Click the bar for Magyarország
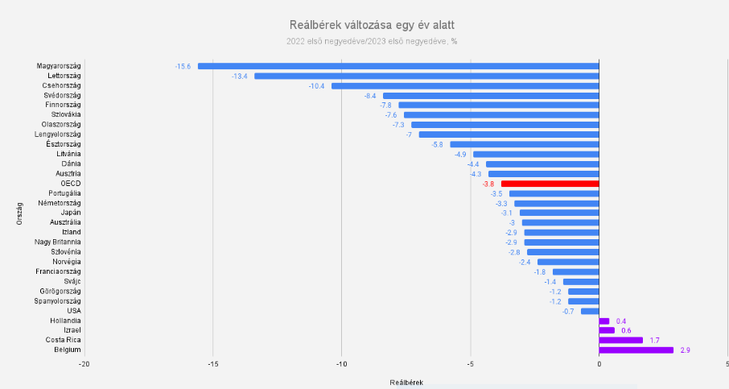[398, 66]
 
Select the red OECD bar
[550, 184]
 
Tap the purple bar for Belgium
[636, 350]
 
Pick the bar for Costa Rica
[620, 340]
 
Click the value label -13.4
[240, 76]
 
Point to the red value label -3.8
[488, 184]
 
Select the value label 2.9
[686, 350]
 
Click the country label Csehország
[61, 85]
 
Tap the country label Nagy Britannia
[57, 242]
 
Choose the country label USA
[73, 310]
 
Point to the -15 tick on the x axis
[212, 364]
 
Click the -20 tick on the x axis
[84, 364]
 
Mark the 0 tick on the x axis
[599, 364]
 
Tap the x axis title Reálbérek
[406, 381]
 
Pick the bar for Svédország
[490, 95]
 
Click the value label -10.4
[317, 85]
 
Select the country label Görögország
[60, 291]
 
